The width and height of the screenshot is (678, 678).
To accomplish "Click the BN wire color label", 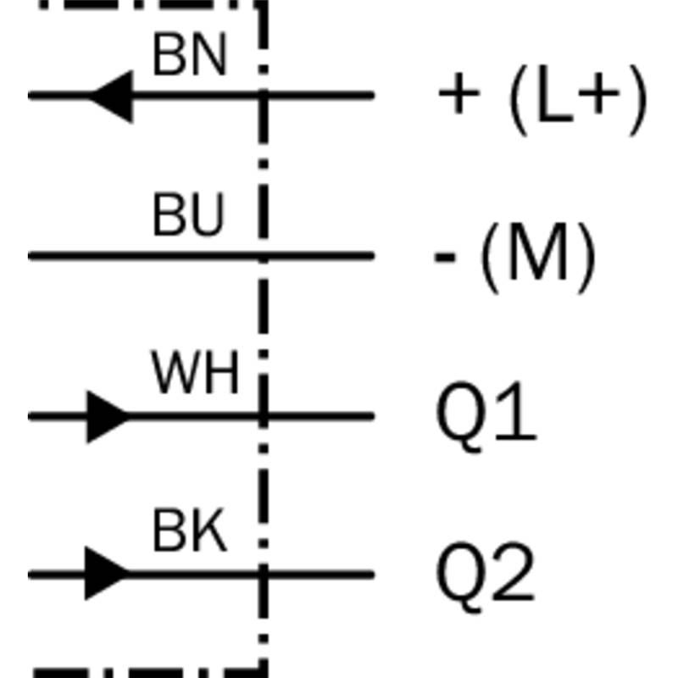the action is point(190,55).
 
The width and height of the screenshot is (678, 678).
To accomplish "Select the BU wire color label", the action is point(189,214).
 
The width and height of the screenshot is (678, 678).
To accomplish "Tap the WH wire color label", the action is point(195,373).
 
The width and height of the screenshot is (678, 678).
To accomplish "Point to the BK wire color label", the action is point(190,531).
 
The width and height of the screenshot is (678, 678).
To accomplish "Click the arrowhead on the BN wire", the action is point(111,96).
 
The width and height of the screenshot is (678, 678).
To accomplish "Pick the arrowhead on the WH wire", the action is point(108,417).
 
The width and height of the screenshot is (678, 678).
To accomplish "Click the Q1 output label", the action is point(486,417).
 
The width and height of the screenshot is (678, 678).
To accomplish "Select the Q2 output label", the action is point(485,576).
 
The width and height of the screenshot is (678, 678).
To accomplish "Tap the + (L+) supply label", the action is point(542,100).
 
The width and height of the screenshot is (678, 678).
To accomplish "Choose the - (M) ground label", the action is point(515,258).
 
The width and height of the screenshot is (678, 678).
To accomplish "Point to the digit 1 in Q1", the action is point(518,411).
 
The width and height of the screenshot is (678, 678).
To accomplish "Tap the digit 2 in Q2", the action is point(514,570).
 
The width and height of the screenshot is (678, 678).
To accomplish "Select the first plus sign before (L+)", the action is point(458,93).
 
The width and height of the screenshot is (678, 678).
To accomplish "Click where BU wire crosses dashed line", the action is point(264,256).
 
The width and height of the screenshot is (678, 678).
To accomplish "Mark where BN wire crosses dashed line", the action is point(264,96).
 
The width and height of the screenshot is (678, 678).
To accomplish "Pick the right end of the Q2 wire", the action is point(372,575).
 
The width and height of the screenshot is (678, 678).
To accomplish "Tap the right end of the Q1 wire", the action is point(372,416).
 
